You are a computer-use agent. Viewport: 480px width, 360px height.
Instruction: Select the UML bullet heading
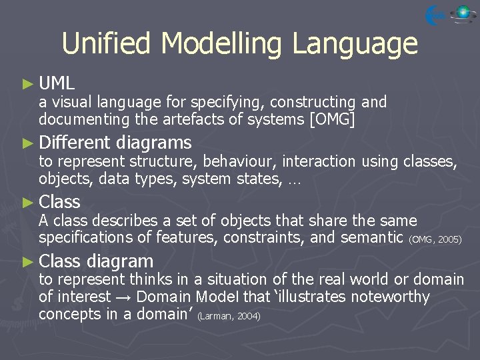pos(57,84)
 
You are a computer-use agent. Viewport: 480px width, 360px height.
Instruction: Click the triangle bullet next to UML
pos(27,84)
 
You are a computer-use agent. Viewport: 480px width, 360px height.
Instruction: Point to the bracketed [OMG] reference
pos(328,120)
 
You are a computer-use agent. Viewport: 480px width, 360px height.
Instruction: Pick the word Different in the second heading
pos(74,143)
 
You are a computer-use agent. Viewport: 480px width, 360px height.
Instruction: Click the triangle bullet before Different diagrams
pos(27,143)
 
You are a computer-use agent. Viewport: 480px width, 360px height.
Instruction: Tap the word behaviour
pos(240,161)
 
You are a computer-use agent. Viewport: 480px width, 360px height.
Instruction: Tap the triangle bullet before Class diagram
pos(27,261)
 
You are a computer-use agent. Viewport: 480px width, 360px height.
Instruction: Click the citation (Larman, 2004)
pos(229,316)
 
